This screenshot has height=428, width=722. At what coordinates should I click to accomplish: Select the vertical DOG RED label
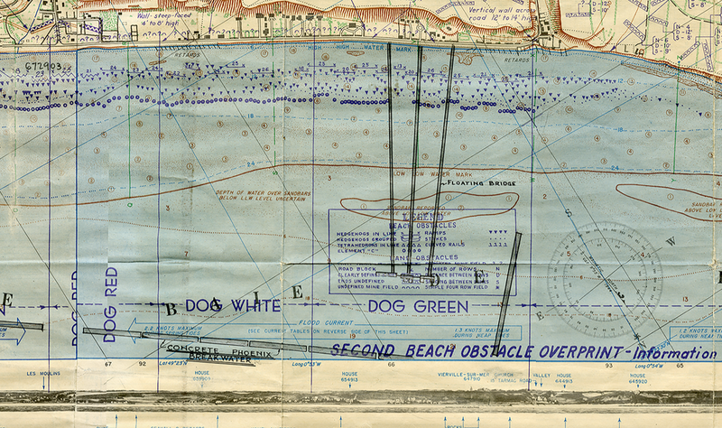(x=110, y=304)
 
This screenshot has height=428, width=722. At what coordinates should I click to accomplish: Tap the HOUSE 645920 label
(x=637, y=377)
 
